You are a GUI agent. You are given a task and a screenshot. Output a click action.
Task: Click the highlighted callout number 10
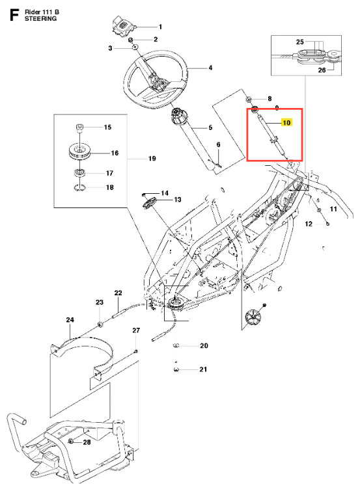[x=286, y=122]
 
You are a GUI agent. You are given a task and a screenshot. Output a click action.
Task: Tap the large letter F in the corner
[x=14, y=15]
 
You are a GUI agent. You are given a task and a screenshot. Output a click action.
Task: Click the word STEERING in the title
[x=41, y=19]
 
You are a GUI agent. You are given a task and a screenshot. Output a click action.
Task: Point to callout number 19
[x=152, y=159]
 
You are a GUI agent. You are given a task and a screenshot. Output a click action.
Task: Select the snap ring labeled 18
[x=79, y=187]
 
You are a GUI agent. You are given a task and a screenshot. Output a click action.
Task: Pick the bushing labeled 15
[x=79, y=128]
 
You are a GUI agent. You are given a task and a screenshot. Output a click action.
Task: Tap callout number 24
[x=70, y=320]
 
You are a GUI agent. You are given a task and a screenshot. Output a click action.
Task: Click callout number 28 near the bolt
[x=87, y=442]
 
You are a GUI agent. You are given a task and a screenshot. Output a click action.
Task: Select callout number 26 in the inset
[x=322, y=70]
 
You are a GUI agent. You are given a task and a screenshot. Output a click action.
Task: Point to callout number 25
[x=300, y=42]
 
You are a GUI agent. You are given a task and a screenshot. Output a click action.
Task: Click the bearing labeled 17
[x=79, y=172]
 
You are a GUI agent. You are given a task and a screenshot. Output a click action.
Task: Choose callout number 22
[x=118, y=293]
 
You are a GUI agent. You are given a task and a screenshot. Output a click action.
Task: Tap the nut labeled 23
[x=100, y=324]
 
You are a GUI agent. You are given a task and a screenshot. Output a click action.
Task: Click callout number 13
[x=178, y=200]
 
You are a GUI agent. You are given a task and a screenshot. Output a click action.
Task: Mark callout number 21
[x=203, y=369]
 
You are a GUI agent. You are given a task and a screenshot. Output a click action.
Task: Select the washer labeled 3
[x=135, y=47]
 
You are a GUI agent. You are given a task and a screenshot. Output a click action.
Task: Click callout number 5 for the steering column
[x=210, y=127]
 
